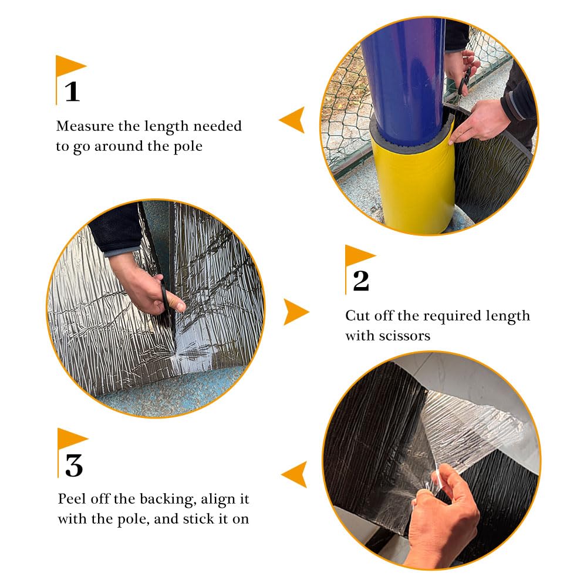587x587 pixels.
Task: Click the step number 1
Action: [72, 92]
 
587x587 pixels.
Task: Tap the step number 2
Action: [361, 281]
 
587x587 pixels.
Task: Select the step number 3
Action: [74, 465]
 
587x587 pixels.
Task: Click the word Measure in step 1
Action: [85, 126]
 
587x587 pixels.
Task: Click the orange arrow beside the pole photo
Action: [292, 120]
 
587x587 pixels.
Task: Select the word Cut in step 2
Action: [358, 316]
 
